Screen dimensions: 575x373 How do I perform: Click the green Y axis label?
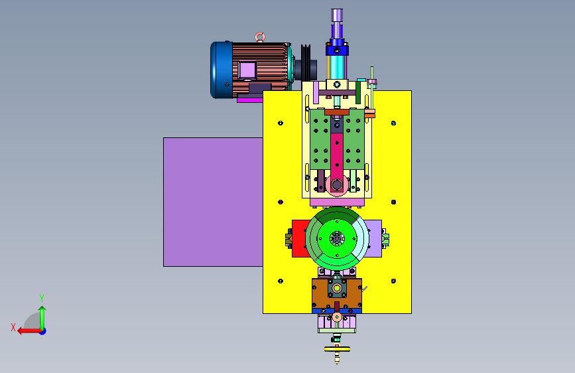[42, 298]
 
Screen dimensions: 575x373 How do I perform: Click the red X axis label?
[13, 327]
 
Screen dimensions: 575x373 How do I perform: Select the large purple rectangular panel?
[213, 202]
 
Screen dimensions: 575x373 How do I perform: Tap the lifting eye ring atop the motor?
[260, 37]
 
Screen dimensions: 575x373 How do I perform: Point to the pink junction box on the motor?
[247, 70]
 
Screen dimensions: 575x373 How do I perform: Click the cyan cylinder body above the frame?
[338, 67]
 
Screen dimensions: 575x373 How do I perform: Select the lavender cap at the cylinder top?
[337, 15]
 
